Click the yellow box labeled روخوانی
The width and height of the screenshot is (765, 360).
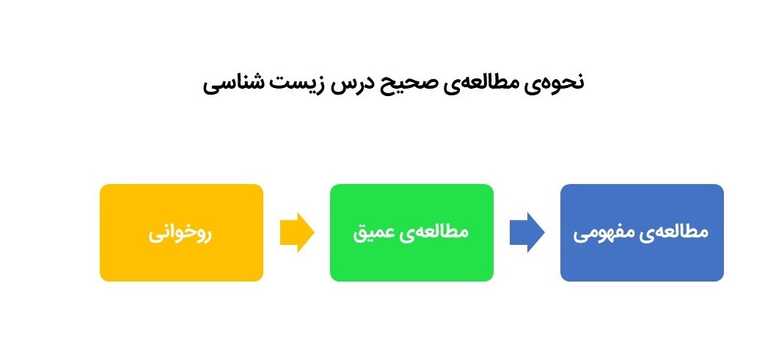[181, 232]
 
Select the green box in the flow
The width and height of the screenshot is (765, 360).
[411, 232]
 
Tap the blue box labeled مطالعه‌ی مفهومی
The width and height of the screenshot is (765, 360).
[642, 232]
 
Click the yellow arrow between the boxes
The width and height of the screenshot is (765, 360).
[297, 232]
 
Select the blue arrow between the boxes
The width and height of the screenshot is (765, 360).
[527, 232]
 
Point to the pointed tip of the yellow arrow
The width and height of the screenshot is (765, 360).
[314, 232]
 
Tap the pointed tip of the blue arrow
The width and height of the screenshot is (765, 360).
[544, 232]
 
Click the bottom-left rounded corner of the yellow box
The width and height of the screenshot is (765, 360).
[102, 279]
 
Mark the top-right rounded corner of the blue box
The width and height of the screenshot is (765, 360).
[722, 186]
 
